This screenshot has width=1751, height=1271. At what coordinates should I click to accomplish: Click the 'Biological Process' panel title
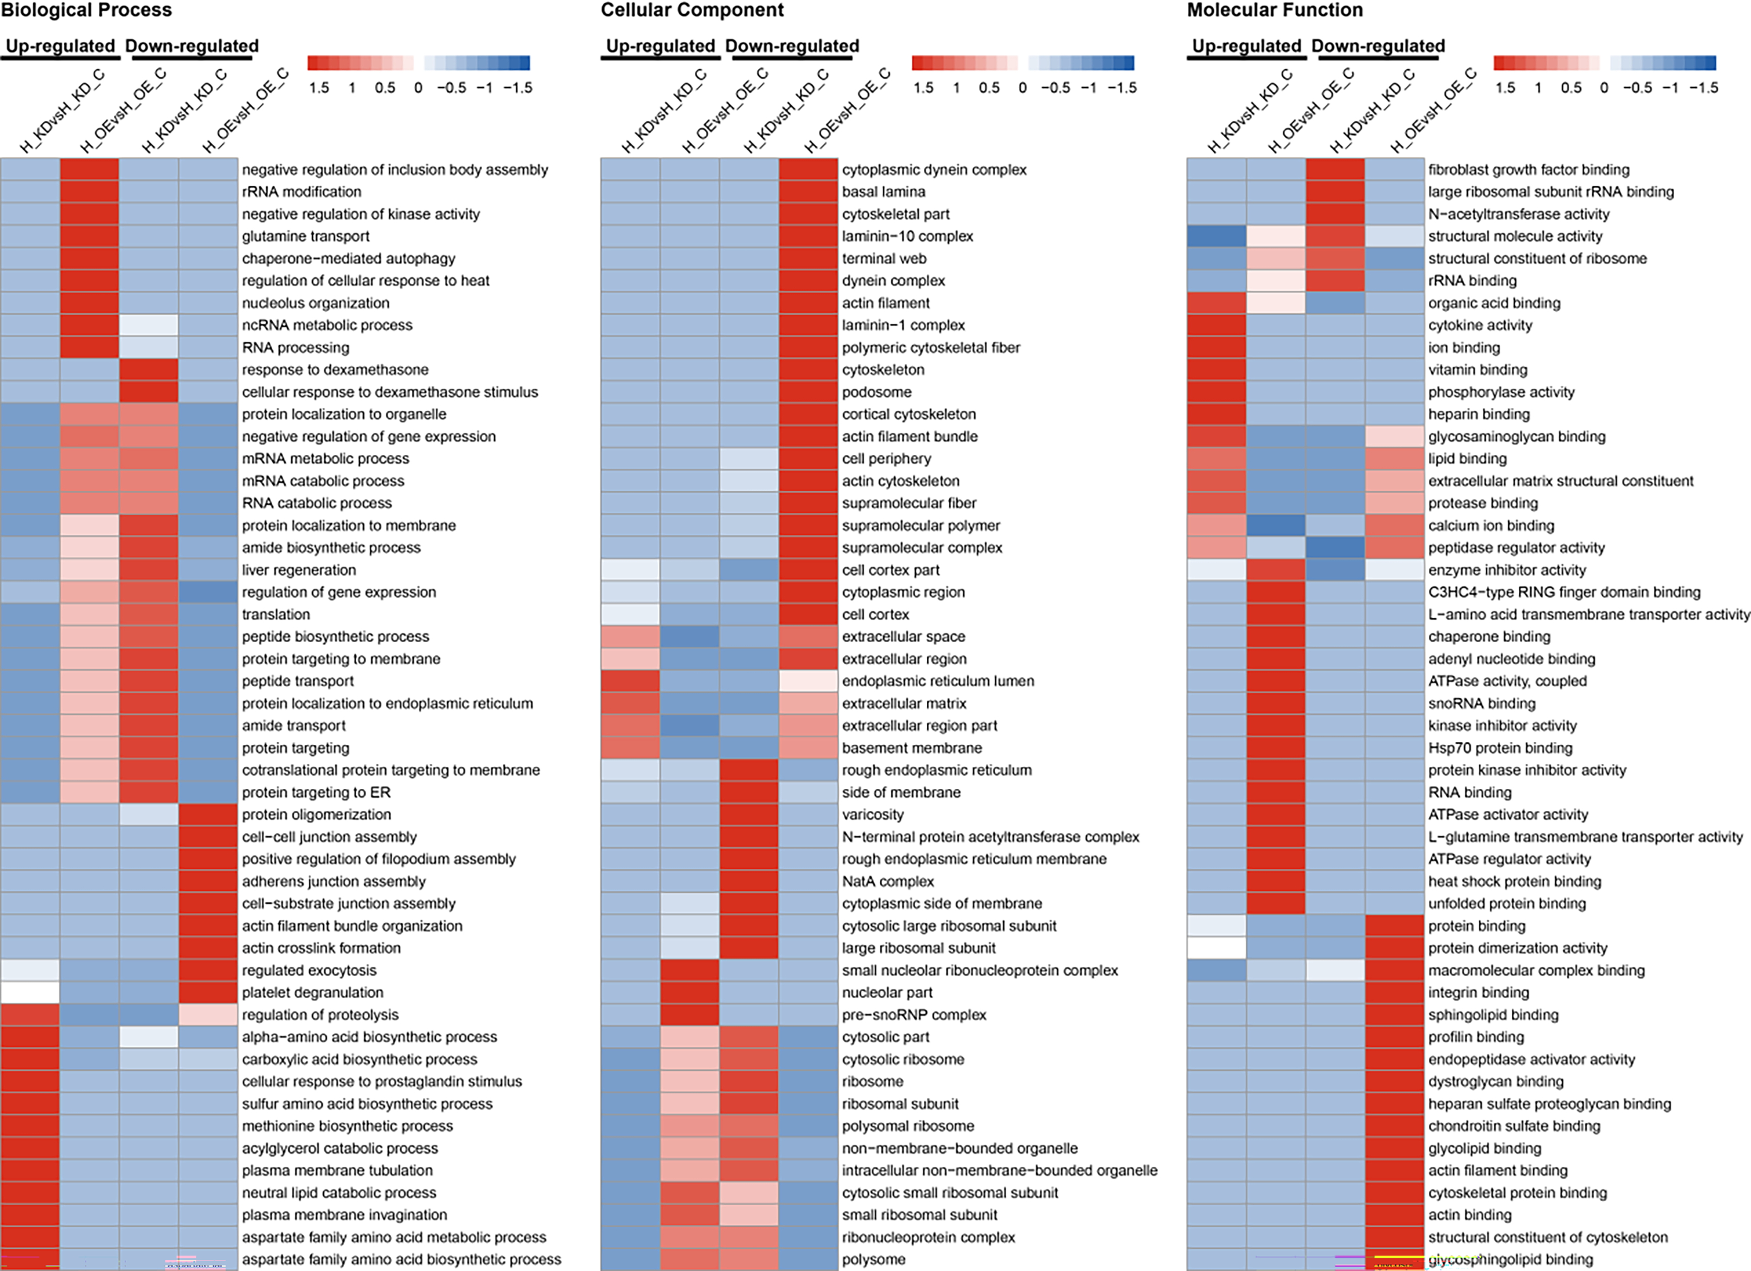[87, 10]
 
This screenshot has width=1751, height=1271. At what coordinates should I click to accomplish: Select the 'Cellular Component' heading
[692, 10]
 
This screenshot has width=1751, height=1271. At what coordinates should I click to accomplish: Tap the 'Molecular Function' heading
[1274, 10]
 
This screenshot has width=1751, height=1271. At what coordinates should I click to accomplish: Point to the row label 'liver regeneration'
[299, 570]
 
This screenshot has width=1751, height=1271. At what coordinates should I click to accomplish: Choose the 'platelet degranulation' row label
[312, 992]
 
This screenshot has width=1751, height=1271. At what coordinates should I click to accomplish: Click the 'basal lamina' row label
[883, 191]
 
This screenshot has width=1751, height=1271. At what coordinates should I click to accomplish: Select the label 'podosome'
[876, 392]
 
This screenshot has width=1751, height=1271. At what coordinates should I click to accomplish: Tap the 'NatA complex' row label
[888, 881]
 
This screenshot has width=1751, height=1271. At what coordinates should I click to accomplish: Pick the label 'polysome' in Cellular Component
[873, 1259]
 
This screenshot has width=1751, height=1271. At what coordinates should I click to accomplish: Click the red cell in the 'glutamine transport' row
[90, 236]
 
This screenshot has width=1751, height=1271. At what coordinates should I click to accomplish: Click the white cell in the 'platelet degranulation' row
[30, 992]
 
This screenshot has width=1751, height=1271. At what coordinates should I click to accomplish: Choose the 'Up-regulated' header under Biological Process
[60, 47]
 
